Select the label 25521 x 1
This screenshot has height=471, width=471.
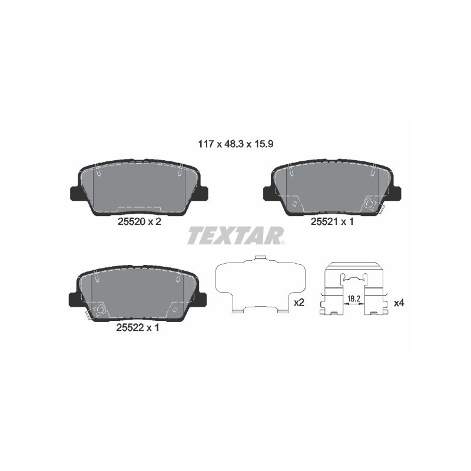[x=331, y=221]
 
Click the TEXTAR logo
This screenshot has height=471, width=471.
[x=235, y=236]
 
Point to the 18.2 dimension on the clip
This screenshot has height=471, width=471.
[x=353, y=299]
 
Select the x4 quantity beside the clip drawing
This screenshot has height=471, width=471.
[x=399, y=303]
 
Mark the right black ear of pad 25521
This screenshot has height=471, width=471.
[x=395, y=193]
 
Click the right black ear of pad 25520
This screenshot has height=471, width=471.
[x=204, y=193]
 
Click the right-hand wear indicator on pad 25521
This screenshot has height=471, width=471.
[x=370, y=203]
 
